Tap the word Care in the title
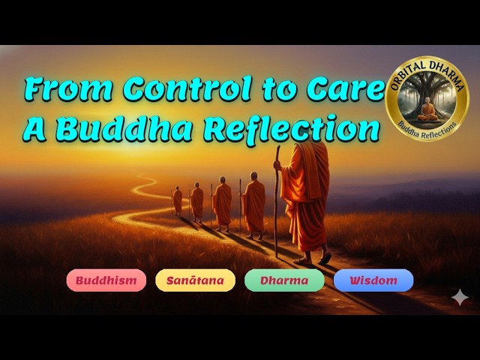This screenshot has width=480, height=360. click(349, 90)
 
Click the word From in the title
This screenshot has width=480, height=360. click(67, 90)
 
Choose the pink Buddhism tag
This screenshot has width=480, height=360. click(106, 280)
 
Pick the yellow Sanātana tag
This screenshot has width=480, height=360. click(195, 280)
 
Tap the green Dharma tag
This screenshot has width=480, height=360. click(284, 280)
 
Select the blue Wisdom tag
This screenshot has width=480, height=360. click(373, 280)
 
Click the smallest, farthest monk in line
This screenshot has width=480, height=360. click(177, 200)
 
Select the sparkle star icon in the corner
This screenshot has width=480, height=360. click(460, 298)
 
